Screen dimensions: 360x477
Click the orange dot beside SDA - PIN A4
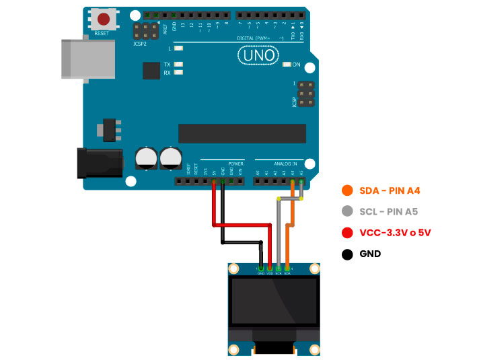(x=347, y=190)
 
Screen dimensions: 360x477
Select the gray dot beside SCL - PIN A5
(x=347, y=212)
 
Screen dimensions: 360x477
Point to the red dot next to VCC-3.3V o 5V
(x=347, y=233)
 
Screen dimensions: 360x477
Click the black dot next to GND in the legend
(x=347, y=254)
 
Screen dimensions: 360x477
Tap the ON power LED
(x=287, y=65)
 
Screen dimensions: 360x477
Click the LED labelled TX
(x=178, y=64)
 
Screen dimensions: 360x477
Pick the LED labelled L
(x=178, y=48)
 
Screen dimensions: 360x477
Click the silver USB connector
(x=74, y=59)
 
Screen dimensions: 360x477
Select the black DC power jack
(x=100, y=164)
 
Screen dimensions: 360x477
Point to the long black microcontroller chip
(x=242, y=133)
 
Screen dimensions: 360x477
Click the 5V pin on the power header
(x=214, y=181)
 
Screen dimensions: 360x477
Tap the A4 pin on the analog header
(x=293, y=181)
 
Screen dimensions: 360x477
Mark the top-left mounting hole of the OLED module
(x=234, y=268)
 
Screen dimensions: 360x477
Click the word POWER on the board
(x=235, y=164)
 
